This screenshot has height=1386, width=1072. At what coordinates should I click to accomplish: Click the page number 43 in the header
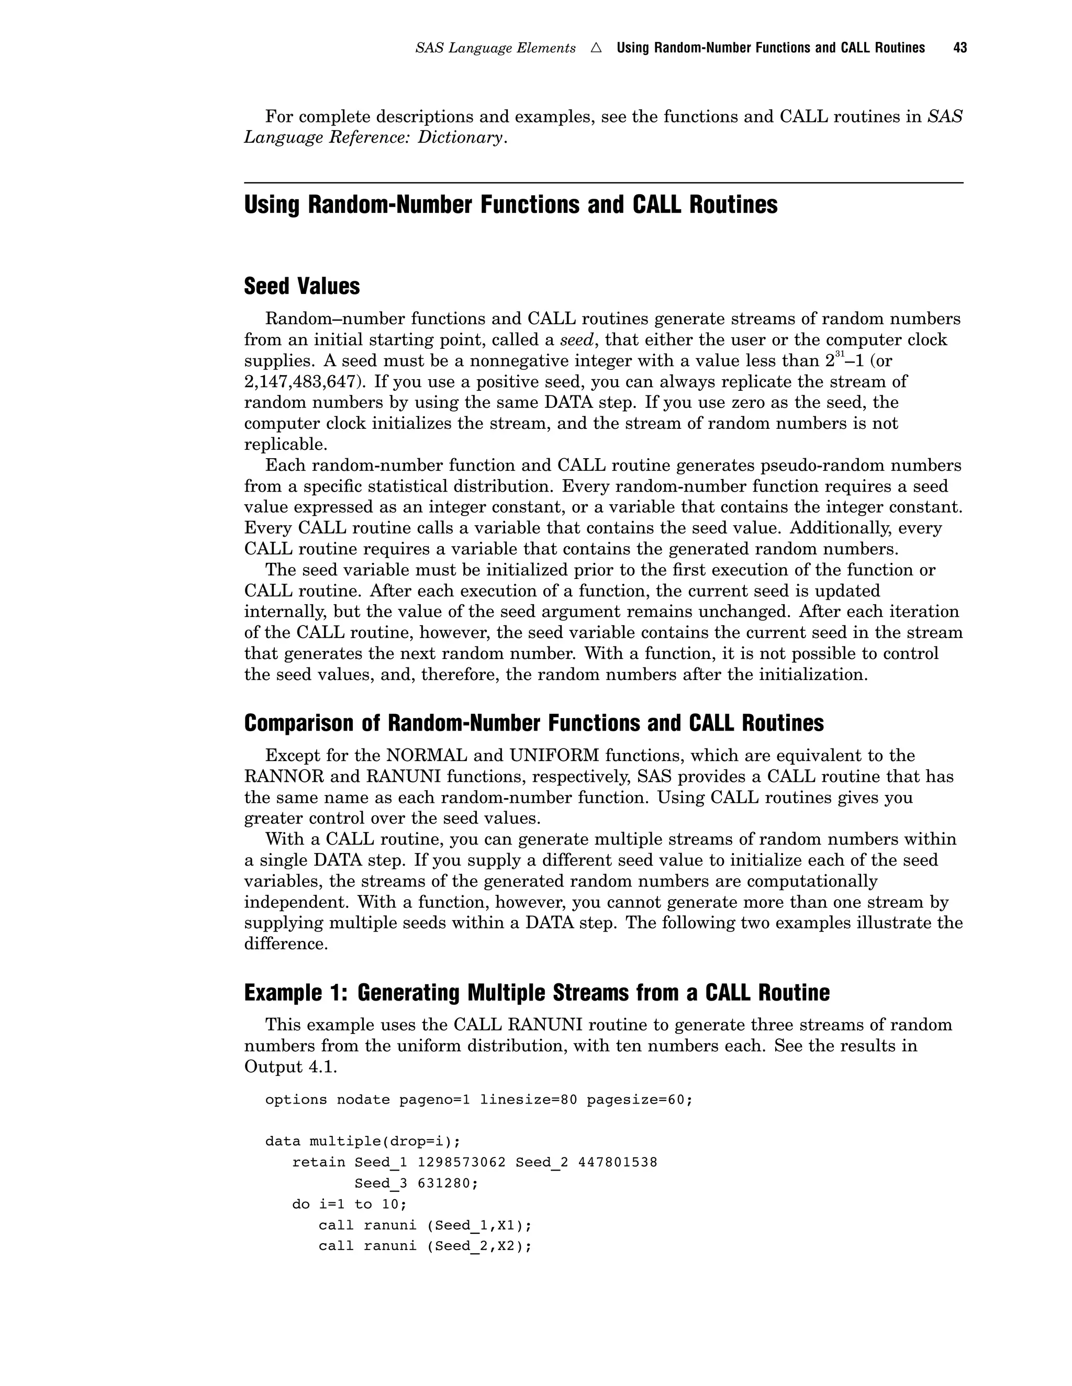click(x=959, y=48)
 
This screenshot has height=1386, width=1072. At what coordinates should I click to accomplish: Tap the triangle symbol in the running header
click(x=596, y=48)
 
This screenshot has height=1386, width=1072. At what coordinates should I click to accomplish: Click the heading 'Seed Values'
click(x=301, y=286)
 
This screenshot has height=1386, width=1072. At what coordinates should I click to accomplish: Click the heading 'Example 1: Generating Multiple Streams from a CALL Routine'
click(x=537, y=993)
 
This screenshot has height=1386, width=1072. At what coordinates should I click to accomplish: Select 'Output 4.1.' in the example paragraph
click(x=290, y=1067)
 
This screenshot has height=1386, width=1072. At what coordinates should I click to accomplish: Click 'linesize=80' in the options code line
click(x=528, y=1100)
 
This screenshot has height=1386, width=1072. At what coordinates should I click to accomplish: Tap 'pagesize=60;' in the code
click(x=639, y=1100)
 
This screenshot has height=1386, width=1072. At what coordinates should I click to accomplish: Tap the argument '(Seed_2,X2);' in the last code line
click(x=479, y=1246)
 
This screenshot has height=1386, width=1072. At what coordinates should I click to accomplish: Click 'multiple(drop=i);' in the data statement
click(x=384, y=1142)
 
